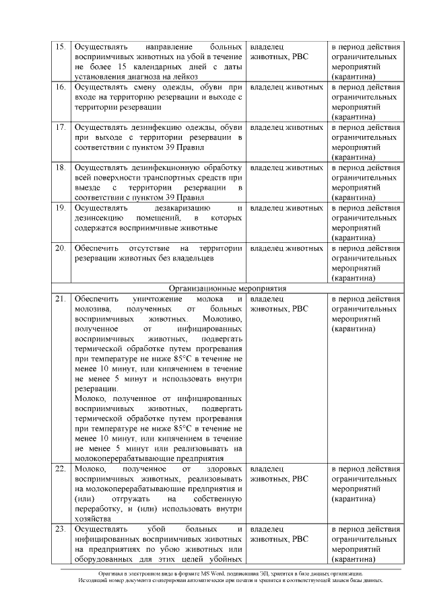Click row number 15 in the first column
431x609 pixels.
(59, 48)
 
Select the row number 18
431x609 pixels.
(59, 167)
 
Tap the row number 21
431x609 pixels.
(59, 298)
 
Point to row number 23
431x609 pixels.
(59, 530)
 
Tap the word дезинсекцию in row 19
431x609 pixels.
(98, 218)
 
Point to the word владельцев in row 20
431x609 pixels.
(192, 258)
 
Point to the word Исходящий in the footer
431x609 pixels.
(94, 580)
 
